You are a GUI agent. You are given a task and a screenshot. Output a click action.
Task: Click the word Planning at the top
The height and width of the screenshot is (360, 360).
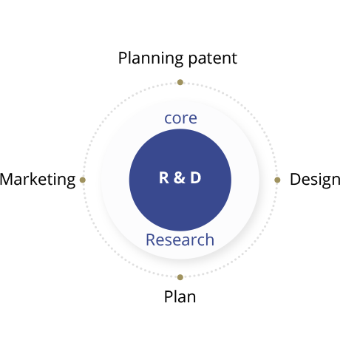point(151,58)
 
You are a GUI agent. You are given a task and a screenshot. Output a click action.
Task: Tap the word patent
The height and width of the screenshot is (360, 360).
point(213,58)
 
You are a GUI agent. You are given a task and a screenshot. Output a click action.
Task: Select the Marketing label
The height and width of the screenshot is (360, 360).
point(38,180)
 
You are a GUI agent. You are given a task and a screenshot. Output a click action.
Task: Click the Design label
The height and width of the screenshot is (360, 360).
point(315,180)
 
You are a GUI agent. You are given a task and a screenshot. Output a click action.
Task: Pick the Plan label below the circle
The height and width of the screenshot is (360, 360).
point(180,296)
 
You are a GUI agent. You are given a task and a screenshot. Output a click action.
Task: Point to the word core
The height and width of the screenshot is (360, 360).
point(180,118)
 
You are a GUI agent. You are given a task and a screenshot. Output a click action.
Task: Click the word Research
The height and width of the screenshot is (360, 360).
point(180,240)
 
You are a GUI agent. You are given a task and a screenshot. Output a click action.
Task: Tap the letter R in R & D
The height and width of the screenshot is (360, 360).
point(164,177)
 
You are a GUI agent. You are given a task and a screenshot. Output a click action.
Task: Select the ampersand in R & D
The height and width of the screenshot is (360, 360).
point(179,177)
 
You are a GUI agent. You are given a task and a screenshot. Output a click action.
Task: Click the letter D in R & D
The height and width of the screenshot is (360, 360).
point(196,177)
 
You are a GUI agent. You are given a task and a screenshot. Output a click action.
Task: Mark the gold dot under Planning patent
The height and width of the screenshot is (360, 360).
point(180,82)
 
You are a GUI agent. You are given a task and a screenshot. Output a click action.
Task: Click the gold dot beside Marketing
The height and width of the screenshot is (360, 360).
point(83,180)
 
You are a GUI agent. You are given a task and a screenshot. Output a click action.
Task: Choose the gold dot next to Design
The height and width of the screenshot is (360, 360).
point(277,180)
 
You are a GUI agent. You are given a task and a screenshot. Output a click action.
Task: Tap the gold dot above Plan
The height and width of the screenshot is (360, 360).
point(180,277)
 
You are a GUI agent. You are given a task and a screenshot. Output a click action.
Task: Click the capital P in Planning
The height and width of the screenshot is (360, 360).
point(123,58)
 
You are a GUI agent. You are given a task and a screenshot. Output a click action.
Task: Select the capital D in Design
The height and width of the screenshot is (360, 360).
point(295,179)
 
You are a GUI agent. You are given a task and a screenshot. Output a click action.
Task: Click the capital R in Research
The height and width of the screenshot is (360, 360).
point(151,240)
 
